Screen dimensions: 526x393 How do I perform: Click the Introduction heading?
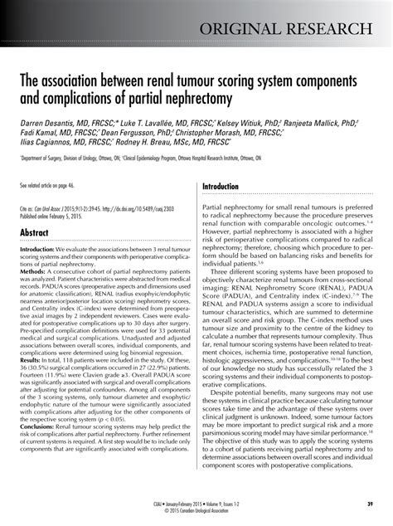226,188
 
